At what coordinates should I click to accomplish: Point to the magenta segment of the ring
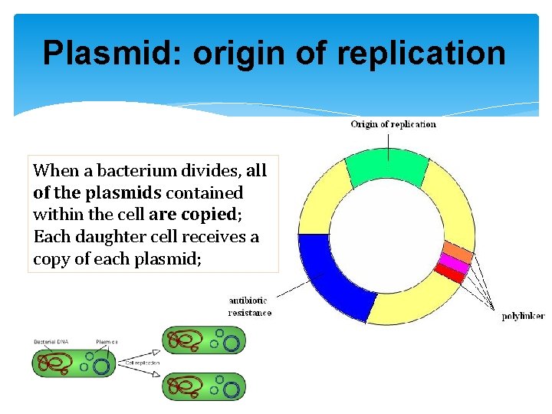click(452, 264)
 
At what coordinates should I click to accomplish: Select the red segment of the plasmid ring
click(449, 274)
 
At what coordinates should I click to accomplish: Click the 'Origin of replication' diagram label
click(393, 124)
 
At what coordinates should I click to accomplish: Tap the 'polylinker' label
click(523, 316)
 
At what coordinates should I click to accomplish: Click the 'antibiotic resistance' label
click(250, 307)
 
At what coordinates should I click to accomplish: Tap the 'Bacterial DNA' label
click(52, 341)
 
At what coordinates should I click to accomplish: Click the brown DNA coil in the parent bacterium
click(57, 362)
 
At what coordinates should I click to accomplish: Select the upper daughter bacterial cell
click(203, 340)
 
